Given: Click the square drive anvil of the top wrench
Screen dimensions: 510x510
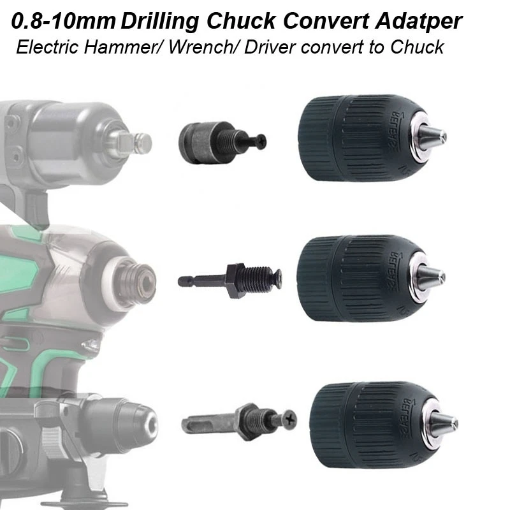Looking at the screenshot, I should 142,138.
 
